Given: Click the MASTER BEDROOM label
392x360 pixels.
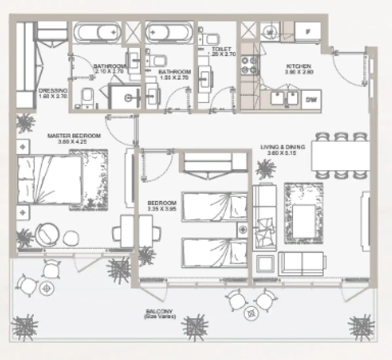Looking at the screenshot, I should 74,136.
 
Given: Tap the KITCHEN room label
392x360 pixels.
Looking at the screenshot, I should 299,66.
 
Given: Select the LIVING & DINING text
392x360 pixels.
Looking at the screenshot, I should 283,147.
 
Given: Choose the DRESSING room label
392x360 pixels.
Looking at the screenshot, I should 53,91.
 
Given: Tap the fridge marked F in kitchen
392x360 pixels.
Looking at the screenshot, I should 307,32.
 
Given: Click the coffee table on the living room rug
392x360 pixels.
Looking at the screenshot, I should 303,216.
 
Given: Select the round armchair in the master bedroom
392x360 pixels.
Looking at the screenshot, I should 49,234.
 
